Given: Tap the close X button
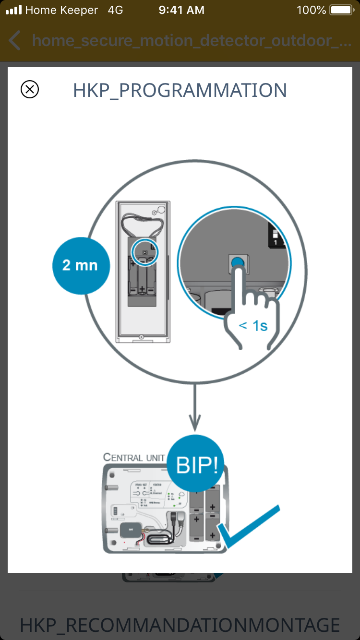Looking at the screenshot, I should pyautogui.click(x=30, y=89).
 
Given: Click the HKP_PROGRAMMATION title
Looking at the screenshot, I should pyautogui.click(x=180, y=90).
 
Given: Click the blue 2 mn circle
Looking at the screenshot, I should pyautogui.click(x=81, y=265).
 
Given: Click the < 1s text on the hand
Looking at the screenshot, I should pyautogui.click(x=253, y=326).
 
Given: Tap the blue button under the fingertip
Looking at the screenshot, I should pyautogui.click(x=238, y=262).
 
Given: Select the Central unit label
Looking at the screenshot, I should pyautogui.click(x=134, y=457).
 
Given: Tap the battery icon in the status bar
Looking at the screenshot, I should pyautogui.click(x=342, y=10).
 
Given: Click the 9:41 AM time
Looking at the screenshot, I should pyautogui.click(x=181, y=10).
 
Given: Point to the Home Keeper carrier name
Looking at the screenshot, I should pyautogui.click(x=61, y=10).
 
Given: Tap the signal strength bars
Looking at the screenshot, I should pyautogui.click(x=13, y=10).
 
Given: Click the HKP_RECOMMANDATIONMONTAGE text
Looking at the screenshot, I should pyautogui.click(x=180, y=625).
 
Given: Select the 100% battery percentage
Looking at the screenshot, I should pyautogui.click(x=312, y=10).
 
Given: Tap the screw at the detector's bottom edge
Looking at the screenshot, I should pyautogui.click(x=141, y=337).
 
